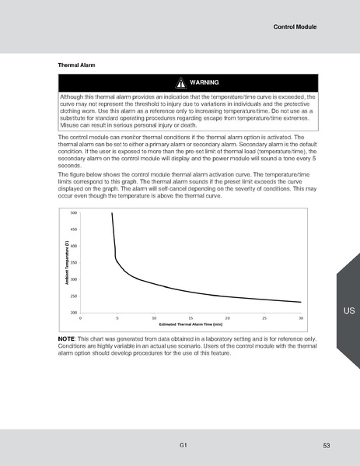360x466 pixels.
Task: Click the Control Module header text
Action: tap(295, 27)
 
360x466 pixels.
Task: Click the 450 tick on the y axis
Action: tap(74, 229)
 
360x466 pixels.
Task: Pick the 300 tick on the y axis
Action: tap(74, 279)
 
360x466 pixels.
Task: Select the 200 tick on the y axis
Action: tap(74, 312)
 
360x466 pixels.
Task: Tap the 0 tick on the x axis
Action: tap(81, 317)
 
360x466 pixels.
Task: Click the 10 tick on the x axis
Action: tap(154, 317)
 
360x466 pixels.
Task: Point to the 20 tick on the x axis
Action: tap(227, 317)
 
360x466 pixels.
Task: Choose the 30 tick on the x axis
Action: tap(300, 317)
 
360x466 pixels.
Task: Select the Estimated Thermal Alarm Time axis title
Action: tap(190, 324)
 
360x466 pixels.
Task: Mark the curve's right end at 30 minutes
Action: tap(300, 302)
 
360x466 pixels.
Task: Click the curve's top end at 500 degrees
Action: tap(112, 213)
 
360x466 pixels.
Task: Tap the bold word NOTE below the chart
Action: tap(67, 340)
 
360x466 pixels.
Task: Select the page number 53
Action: tap(327, 445)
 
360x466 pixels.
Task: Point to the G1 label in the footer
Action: tap(182, 444)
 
